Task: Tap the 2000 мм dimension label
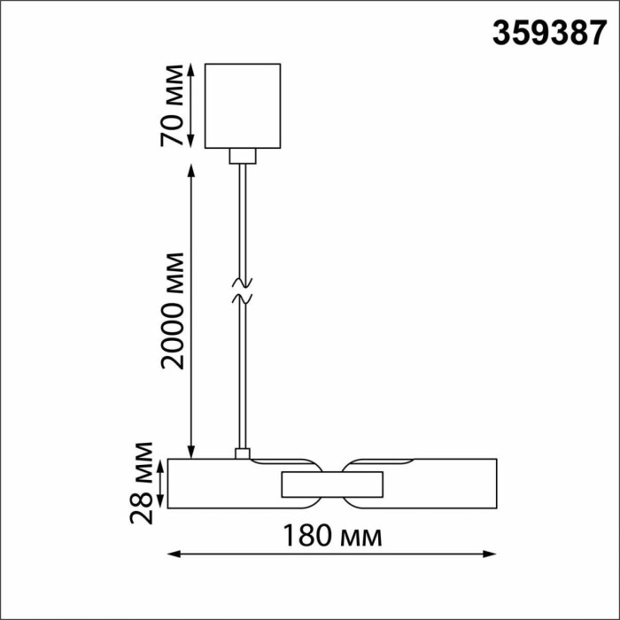point(174,310)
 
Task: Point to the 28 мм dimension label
point(142,484)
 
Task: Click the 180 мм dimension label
point(332,536)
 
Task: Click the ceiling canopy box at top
point(243,105)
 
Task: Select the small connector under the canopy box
point(242,157)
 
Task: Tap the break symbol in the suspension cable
point(242,292)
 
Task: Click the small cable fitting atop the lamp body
point(242,453)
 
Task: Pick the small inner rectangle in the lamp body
point(332,484)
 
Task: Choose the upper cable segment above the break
point(242,221)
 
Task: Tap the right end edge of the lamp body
point(496,484)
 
